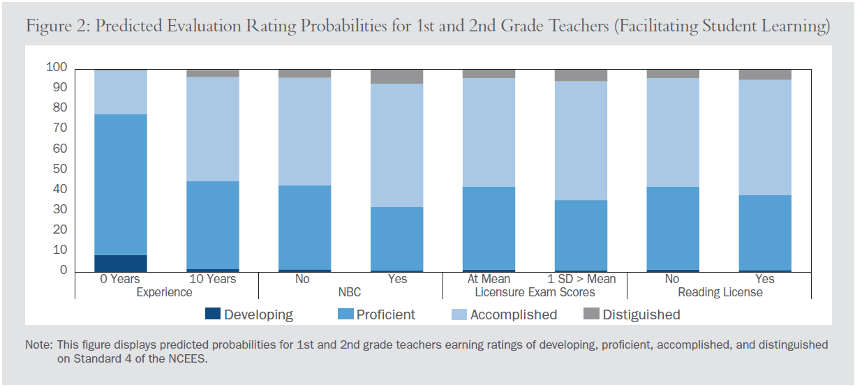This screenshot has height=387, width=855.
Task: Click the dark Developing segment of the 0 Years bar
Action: pyautogui.click(x=121, y=263)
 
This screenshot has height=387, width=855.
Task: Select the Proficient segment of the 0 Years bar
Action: pyautogui.click(x=121, y=185)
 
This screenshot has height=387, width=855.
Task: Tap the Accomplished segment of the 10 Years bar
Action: pyautogui.click(x=213, y=129)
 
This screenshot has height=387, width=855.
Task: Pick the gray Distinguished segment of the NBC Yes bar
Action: pyautogui.click(x=396, y=76)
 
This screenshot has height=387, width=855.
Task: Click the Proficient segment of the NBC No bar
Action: pyautogui.click(x=305, y=227)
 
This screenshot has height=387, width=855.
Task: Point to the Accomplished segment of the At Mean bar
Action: pyautogui.click(x=489, y=132)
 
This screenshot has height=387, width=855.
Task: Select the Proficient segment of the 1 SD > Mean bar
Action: pyautogui.click(x=581, y=235)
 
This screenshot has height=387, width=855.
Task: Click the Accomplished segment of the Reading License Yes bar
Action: pyautogui.click(x=765, y=137)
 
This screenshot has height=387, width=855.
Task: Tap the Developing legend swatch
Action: pyautogui.click(x=212, y=314)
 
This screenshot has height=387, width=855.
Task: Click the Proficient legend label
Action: pyautogui.click(x=385, y=314)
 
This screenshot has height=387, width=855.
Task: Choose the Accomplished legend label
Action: pyautogui.click(x=513, y=314)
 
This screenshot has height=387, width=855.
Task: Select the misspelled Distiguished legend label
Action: pyautogui.click(x=641, y=314)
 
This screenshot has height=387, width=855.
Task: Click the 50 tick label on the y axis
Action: pyautogui.click(x=59, y=169)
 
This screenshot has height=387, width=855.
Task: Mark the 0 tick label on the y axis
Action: pyautogui.click(x=63, y=271)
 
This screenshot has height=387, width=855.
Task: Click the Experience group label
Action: pyautogui.click(x=165, y=292)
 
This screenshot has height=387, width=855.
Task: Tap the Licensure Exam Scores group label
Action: pyautogui.click(x=535, y=292)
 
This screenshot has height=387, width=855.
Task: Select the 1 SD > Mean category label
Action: pyautogui.click(x=581, y=279)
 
